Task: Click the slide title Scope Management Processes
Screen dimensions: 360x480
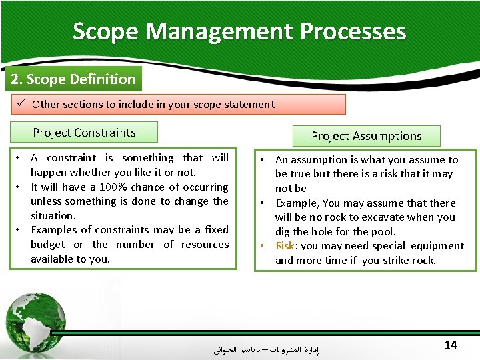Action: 239,31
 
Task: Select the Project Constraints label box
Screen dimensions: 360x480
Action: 84,132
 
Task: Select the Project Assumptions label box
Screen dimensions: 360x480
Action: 367,136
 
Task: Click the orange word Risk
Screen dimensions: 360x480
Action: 285,246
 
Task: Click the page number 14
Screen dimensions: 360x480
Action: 451,345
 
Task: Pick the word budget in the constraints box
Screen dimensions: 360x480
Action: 48,245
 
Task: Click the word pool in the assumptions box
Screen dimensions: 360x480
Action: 382,232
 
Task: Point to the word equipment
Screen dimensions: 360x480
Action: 438,246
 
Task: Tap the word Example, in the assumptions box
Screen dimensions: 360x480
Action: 298,203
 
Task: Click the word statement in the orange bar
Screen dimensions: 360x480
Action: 250,104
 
